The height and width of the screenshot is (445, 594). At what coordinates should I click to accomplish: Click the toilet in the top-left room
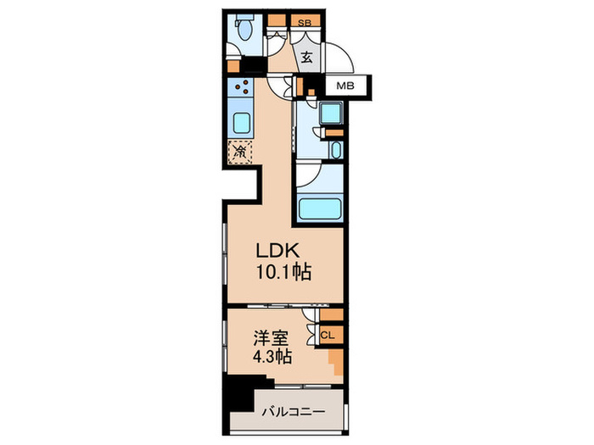244,31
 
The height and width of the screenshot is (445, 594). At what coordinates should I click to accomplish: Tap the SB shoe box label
302,23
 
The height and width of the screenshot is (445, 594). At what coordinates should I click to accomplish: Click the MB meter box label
345,86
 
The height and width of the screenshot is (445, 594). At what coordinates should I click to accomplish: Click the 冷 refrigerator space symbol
240,153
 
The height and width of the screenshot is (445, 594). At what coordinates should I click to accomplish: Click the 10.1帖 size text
283,273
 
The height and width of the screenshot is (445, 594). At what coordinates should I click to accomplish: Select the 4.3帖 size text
272,357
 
